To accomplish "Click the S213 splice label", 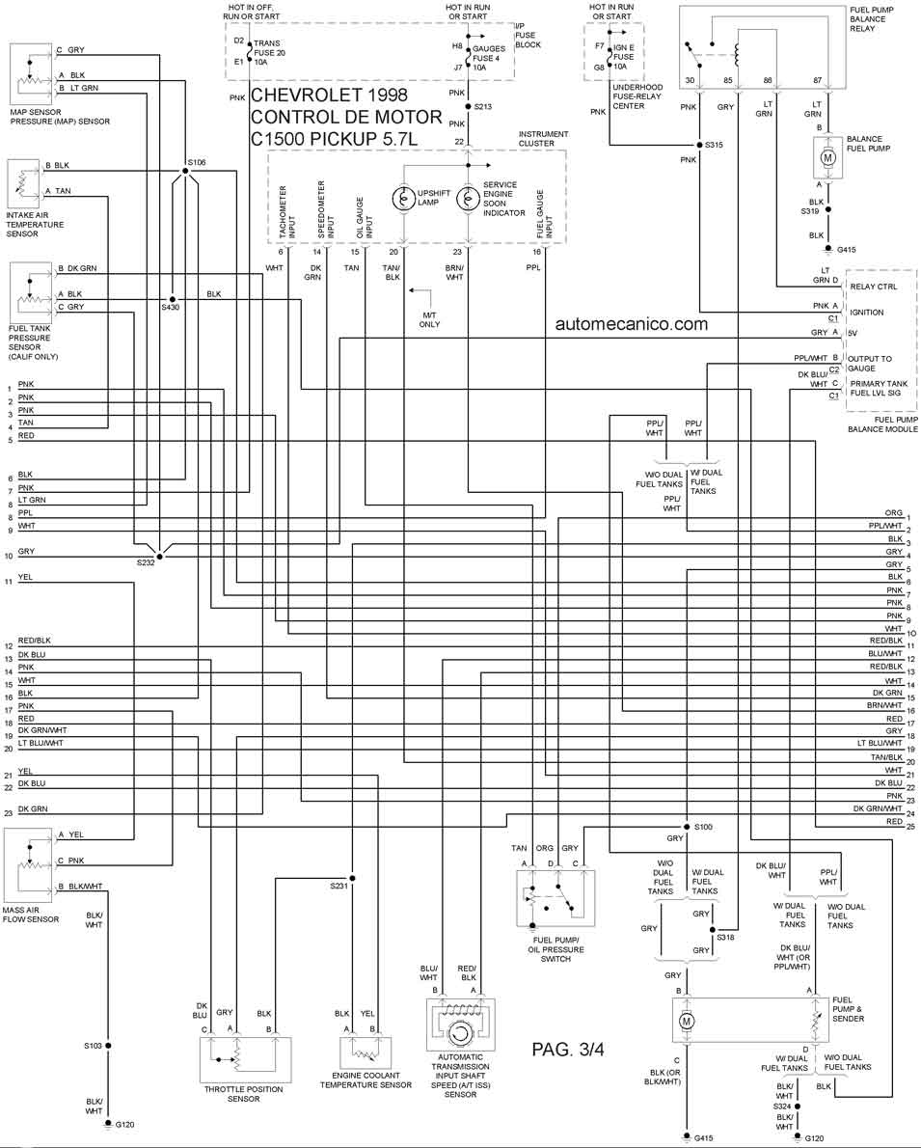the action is tap(482, 107).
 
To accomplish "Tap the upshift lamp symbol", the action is tap(403, 199).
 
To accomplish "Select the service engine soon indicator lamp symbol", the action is tap(468, 199).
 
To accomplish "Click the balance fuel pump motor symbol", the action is tap(828, 157).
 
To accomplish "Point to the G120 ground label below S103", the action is tap(124, 1125).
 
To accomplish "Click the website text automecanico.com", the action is tap(631, 323).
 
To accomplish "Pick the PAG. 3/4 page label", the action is tap(568, 1049).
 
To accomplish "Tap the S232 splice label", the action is tap(146, 563).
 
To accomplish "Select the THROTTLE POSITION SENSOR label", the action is tap(244, 1094).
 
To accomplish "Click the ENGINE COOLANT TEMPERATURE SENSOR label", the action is tap(366, 1080).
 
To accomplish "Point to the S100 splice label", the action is tap(703, 827).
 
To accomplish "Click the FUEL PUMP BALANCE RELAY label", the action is tap(872, 19).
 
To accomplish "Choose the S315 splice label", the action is tap(713, 145).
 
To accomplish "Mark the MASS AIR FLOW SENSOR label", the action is tap(31, 915).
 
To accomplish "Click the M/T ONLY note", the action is tap(430, 319).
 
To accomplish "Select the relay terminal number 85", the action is tap(728, 80).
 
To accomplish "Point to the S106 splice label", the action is tap(196, 162).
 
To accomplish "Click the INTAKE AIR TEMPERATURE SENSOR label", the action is tap(35, 224).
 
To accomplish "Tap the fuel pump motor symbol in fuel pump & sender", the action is tap(686, 1021).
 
